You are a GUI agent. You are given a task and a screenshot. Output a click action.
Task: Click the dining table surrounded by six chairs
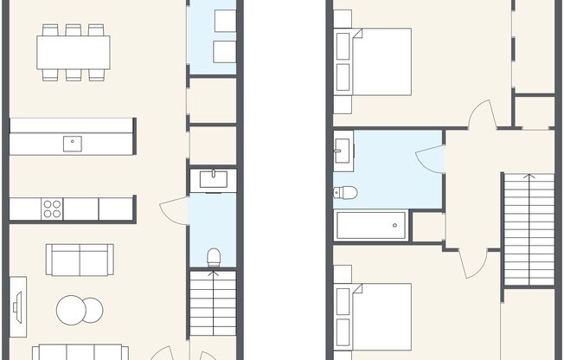point(74,53)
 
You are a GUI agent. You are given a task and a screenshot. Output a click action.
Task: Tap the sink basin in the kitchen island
point(73,143)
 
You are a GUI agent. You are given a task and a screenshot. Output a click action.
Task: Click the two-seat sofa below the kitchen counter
point(80,259)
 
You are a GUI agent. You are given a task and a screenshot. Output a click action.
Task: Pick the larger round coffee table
point(73,310)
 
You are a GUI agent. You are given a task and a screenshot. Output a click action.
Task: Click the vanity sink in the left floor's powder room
point(213,180)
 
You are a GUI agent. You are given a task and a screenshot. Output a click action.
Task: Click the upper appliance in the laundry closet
point(224,22)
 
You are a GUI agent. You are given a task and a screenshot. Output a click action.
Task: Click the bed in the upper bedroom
point(381,62)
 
